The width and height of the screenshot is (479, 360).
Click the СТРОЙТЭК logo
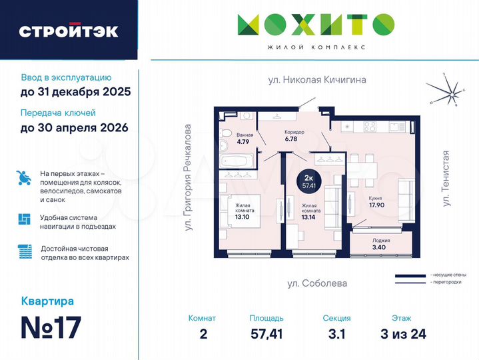point(69,31)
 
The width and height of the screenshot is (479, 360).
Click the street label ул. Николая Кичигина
point(317,80)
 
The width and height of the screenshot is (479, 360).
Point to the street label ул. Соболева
point(317,283)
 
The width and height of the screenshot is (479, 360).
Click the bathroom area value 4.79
point(242,141)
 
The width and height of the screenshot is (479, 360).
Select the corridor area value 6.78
point(291,139)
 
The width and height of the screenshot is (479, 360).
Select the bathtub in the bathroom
point(237,161)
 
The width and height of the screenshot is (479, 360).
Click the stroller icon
point(24,179)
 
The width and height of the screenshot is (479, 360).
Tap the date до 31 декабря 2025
point(75,91)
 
